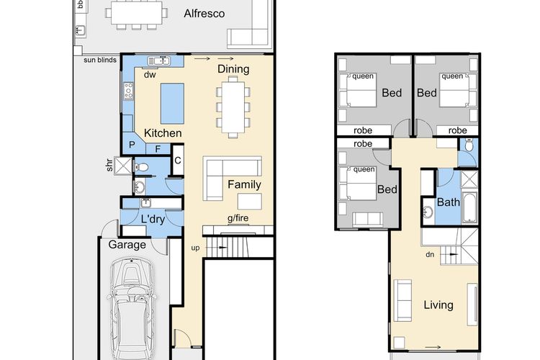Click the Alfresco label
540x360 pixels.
[x=204, y=14]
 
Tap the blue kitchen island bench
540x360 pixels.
[x=172, y=104]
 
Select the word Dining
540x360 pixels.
[x=233, y=69]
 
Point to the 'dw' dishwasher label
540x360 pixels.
[x=150, y=74]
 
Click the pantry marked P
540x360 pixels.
[x=132, y=145]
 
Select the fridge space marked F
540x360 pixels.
[x=158, y=149]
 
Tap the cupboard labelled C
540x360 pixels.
[x=178, y=160]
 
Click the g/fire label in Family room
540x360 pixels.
[x=238, y=218]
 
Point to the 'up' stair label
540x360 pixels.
[x=195, y=248]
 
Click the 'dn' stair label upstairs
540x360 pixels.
[x=430, y=255]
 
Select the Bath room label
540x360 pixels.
[x=448, y=202]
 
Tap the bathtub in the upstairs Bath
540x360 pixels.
[x=469, y=208]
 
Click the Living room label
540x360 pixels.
[x=438, y=305]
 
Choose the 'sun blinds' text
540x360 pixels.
[x=100, y=60]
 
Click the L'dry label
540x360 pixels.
[x=153, y=219]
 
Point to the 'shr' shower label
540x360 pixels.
[x=109, y=165]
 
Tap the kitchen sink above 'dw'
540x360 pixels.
[x=159, y=61]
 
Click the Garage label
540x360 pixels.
[x=127, y=245]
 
